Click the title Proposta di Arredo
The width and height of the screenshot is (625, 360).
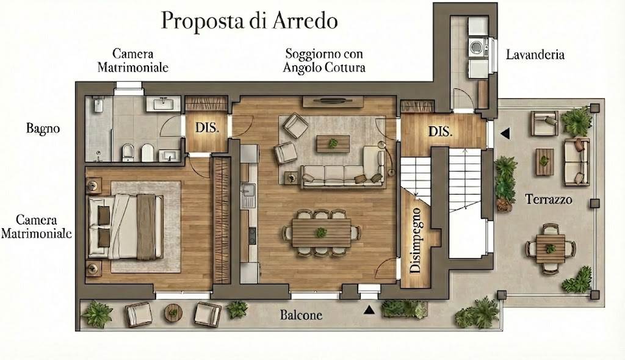tap(249, 21)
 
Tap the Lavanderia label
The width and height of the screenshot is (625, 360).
tap(535, 55)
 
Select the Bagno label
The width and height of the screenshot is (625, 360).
tap(43, 129)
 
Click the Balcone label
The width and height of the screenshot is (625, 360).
tap(301, 315)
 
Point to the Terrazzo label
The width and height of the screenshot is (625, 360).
tap(549, 199)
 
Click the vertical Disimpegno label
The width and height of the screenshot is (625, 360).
tap(415, 240)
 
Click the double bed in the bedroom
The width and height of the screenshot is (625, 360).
tap(125, 226)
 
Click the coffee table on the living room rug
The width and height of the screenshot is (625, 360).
tap(333, 143)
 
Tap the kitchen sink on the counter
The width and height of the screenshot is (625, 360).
tap(248, 195)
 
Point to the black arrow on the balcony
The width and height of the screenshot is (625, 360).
tap(369, 309)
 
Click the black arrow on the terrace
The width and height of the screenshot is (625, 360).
tap(505, 133)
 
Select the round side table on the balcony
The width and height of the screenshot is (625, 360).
tap(173, 313)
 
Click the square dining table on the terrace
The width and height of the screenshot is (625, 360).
tap(550, 249)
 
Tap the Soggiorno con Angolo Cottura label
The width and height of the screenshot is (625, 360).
tap(324, 60)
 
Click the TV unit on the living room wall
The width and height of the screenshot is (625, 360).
tap(333, 102)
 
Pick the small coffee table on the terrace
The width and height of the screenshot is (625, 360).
tap(544, 162)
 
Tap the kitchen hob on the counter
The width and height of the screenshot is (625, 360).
tap(252, 236)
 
